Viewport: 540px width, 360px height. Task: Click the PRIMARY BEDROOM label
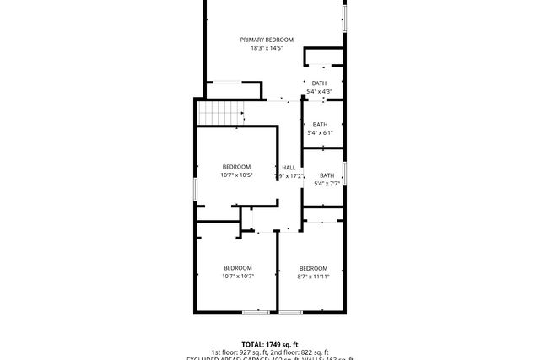[267, 40]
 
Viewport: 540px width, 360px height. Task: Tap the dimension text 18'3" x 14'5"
[267, 48]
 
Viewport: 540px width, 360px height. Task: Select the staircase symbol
[220, 113]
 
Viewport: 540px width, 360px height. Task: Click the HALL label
[289, 167]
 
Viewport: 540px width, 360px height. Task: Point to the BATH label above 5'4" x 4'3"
[319, 83]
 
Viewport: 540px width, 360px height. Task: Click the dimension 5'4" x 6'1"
[320, 132]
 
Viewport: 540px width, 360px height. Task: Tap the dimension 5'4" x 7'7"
[327, 184]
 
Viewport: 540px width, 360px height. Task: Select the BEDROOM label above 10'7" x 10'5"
[236, 166]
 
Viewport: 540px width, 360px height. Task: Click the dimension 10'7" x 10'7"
[238, 276]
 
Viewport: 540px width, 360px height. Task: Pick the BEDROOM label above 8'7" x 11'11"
[313, 268]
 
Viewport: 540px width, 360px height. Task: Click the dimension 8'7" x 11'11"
[313, 276]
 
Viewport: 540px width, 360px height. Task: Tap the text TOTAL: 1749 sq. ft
[270, 344]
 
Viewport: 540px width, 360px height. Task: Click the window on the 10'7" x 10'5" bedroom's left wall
[196, 189]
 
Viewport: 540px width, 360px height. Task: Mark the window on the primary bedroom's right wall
[344, 17]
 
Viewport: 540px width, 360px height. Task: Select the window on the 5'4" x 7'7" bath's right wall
[344, 172]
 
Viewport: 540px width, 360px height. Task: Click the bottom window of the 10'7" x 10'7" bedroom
[255, 313]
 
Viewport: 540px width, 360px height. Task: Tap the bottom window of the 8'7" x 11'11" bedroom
[291, 313]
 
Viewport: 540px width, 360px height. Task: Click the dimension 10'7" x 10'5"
[236, 175]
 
